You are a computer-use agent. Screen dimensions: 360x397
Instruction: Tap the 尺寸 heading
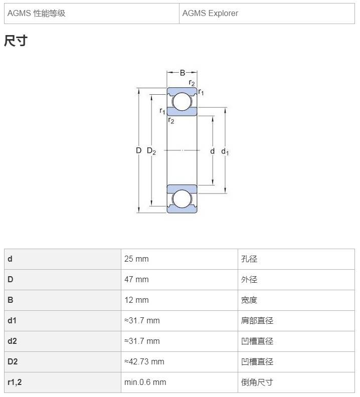point(16,41)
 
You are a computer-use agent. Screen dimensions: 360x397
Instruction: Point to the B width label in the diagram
point(183,73)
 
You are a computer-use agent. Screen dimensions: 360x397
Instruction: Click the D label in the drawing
point(138,150)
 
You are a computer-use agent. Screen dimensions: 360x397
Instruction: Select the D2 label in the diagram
point(151,151)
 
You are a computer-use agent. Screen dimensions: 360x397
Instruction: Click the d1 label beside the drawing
point(225,151)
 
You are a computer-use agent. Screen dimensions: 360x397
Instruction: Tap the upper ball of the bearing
point(182,102)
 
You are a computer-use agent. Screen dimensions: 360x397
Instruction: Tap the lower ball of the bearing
point(182,199)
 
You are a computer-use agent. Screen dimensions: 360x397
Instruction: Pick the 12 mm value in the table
point(136,300)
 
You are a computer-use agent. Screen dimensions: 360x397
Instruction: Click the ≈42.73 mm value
point(144,361)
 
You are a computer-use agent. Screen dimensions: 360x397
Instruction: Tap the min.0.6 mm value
point(145,382)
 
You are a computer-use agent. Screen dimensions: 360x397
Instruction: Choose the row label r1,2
point(15,382)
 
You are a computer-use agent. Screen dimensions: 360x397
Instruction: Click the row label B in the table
point(11,300)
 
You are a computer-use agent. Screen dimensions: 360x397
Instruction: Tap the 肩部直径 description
point(257,320)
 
